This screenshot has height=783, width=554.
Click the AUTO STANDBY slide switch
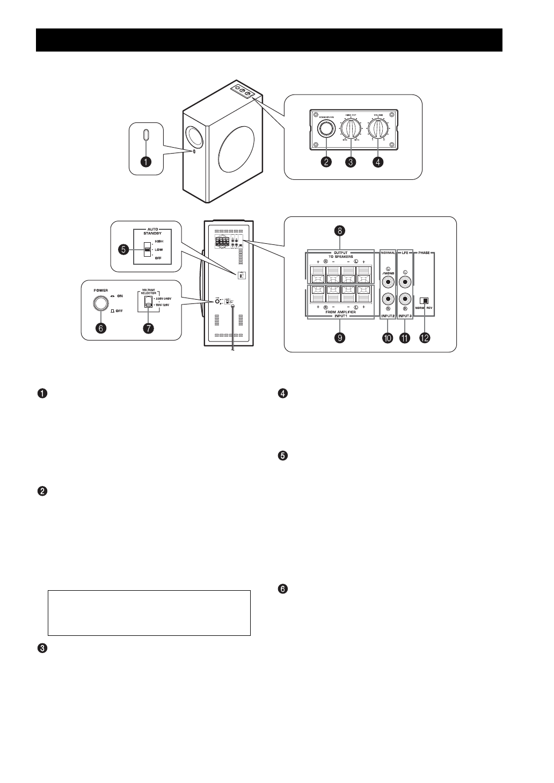click(147, 250)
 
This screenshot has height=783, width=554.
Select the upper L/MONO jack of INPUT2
click(387, 280)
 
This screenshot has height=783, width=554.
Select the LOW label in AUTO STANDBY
click(159, 250)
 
